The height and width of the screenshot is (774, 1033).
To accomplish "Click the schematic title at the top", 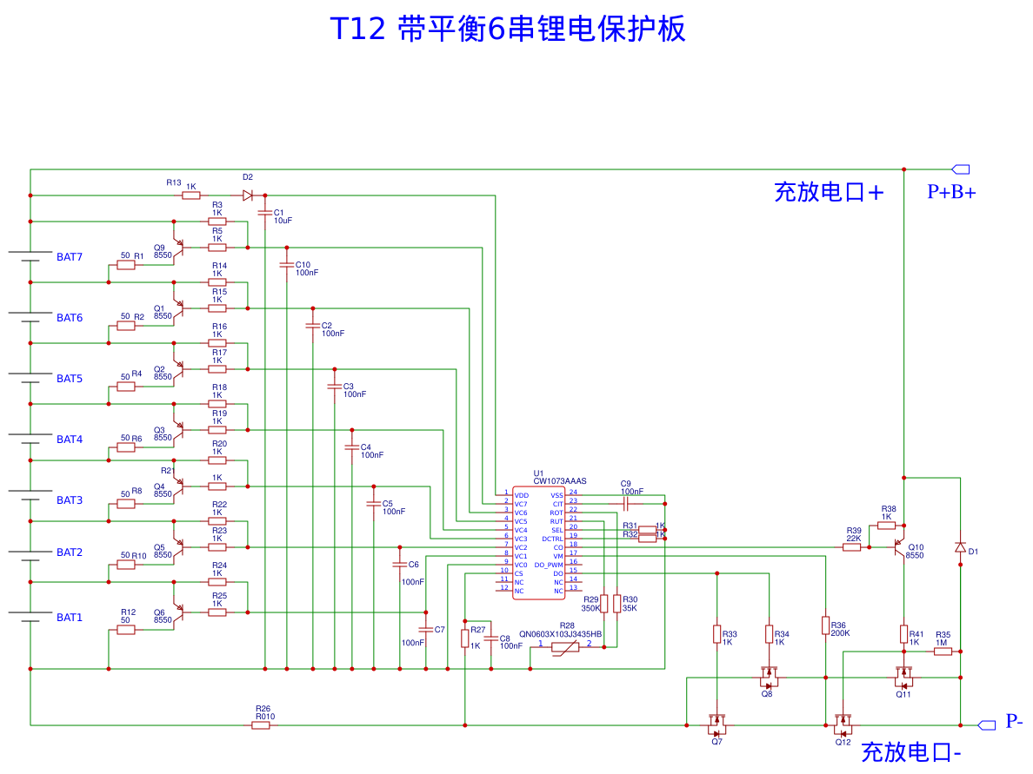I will [x=508, y=29].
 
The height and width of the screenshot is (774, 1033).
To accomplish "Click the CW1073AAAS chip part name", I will [x=561, y=480].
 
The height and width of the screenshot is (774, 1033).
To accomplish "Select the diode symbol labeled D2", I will [x=248, y=195].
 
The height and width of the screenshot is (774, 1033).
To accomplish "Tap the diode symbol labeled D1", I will [x=960, y=547].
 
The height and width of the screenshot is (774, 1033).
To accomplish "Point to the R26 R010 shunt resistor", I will [x=261, y=724].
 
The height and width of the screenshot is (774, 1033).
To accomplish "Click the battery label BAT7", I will [x=70, y=257].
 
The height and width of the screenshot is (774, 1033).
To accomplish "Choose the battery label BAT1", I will [x=70, y=618].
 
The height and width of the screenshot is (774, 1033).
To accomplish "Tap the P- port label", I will [x=1014, y=721].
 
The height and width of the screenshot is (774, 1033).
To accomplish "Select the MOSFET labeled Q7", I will [x=716, y=722].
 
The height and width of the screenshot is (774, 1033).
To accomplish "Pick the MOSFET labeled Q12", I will [x=843, y=723].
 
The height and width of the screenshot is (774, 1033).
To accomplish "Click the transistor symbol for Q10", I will [x=898, y=547].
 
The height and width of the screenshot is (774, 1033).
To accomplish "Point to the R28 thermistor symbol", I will [x=565, y=647].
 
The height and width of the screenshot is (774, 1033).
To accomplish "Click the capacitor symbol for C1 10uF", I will [x=264, y=211].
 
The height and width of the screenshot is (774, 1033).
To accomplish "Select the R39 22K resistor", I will [x=852, y=547].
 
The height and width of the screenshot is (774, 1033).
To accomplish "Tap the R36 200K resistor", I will [x=825, y=625].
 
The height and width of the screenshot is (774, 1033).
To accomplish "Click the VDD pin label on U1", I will [x=521, y=495].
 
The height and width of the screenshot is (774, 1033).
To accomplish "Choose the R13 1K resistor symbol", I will [x=191, y=195].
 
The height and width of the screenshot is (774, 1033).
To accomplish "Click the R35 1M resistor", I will [x=943, y=652].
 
